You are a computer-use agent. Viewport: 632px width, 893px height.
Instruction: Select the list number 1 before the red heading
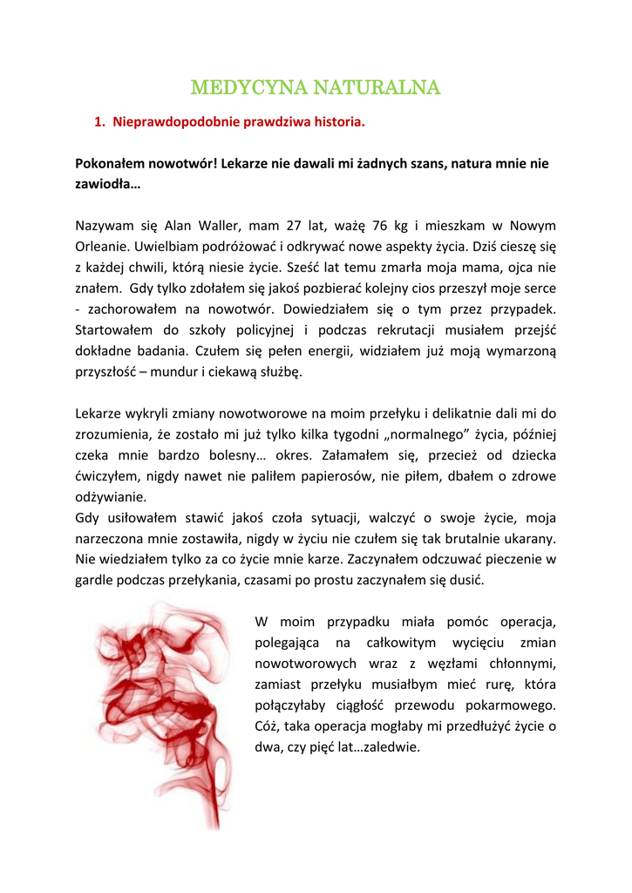[98, 123]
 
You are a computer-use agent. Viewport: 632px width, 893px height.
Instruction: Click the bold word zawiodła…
[107, 184]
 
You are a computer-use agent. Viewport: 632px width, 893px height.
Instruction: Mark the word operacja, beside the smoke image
[526, 622]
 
